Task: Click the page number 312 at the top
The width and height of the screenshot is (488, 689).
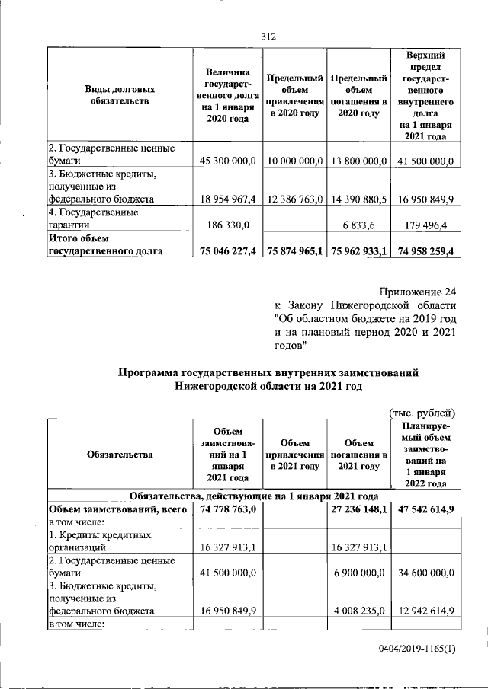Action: (x=267, y=36)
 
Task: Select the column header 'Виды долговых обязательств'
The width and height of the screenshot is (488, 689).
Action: (x=117, y=94)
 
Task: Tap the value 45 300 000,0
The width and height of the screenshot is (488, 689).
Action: (x=228, y=161)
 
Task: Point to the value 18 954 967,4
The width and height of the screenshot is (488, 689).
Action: (x=228, y=199)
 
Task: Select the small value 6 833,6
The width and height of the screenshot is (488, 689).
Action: (x=368, y=225)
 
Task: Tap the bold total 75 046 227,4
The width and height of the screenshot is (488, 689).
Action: (x=228, y=250)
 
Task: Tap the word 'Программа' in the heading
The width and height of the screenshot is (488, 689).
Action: (x=149, y=372)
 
